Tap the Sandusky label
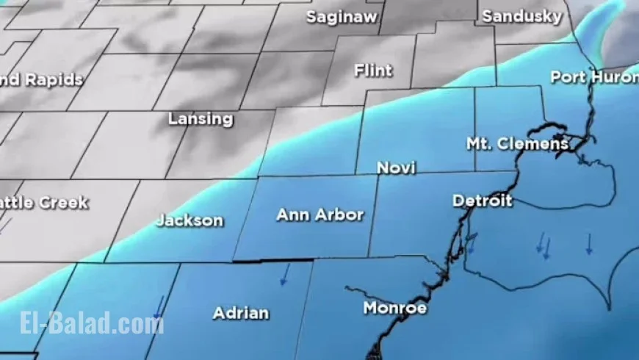click(522, 15)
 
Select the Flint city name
click(373, 71)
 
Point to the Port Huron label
click(593, 76)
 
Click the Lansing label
click(201, 118)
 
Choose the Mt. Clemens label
click(517, 144)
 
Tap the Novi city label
click(396, 168)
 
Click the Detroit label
click(482, 201)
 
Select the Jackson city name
click(189, 220)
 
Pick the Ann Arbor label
click(319, 215)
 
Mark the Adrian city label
click(241, 313)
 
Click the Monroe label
click(395, 308)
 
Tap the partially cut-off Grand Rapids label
click(41, 80)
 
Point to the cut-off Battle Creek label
click(44, 202)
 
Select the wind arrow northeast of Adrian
click(284, 276)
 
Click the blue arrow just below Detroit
click(472, 242)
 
